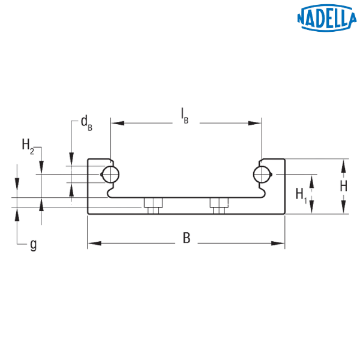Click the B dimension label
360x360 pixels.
click(187, 239)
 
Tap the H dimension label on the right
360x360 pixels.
click(343, 187)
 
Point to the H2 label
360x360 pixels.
click(28, 145)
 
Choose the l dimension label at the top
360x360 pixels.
click(182, 113)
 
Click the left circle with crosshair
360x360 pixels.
click(111, 175)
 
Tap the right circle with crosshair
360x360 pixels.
click(262, 175)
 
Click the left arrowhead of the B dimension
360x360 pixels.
click(94, 244)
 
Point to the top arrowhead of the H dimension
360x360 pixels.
click(344, 164)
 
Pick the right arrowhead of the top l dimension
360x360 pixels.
click(255, 123)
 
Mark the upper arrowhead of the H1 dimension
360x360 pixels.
click(311, 181)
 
